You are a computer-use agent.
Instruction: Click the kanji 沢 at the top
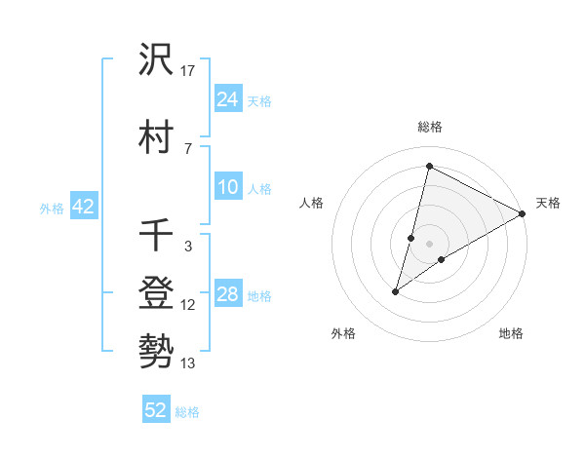pyautogui.click(x=156, y=61)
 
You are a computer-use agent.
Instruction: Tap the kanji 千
pyautogui.click(x=156, y=237)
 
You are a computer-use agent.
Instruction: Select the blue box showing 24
pyautogui.click(x=227, y=98)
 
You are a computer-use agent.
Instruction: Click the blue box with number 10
pyautogui.click(x=227, y=187)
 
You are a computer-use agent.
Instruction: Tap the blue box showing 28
pyautogui.click(x=227, y=294)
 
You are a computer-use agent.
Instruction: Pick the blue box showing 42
pyautogui.click(x=83, y=207)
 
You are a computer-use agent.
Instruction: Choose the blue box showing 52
pyautogui.click(x=156, y=410)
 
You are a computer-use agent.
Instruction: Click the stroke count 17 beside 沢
pyautogui.click(x=189, y=71)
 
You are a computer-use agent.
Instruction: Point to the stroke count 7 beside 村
pyautogui.click(x=188, y=147)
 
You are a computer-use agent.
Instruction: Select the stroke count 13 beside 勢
pyautogui.click(x=189, y=363)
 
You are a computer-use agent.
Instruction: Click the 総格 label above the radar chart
pyautogui.click(x=429, y=127)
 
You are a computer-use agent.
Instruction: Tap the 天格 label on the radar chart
pyautogui.click(x=548, y=203)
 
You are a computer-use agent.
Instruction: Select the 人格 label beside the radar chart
pyautogui.click(x=311, y=203)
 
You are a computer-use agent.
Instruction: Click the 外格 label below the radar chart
pyautogui.click(x=343, y=334)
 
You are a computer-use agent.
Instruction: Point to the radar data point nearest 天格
pyautogui.click(x=524, y=213)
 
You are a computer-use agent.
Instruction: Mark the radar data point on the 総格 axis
pyautogui.click(x=428, y=166)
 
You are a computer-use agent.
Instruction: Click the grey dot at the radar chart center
pyautogui.click(x=429, y=244)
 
